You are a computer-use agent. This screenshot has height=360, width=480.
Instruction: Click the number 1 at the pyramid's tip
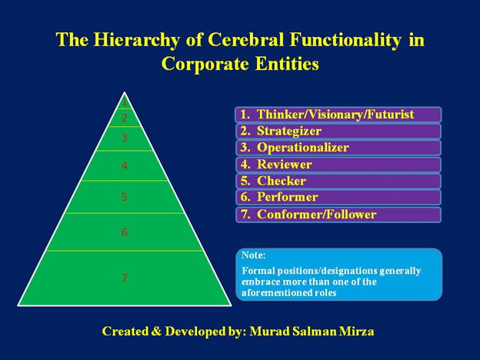click(125, 102)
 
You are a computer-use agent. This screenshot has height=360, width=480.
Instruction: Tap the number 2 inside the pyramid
click(125, 118)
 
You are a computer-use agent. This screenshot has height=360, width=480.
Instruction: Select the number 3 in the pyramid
click(125, 138)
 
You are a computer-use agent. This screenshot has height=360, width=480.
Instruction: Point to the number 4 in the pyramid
click(125, 166)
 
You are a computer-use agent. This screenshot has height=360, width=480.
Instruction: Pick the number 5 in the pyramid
click(125, 196)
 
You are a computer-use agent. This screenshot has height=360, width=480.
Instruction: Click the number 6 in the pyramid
click(125, 232)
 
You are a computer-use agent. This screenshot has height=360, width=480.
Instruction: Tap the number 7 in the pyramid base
click(125, 278)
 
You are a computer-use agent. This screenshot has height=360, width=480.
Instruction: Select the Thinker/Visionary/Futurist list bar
click(338, 115)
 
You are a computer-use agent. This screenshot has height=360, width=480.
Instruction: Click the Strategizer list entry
click(338, 131)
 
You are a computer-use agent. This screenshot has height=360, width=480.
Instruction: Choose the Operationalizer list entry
click(338, 148)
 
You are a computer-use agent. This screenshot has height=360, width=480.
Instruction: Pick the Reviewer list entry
click(338, 165)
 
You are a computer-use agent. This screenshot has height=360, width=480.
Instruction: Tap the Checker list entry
click(338, 181)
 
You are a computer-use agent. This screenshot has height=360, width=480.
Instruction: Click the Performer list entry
click(338, 197)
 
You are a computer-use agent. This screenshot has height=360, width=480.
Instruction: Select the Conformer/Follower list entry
click(338, 215)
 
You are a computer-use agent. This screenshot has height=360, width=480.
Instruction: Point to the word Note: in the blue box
click(254, 255)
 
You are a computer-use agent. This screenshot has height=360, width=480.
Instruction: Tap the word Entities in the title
click(287, 64)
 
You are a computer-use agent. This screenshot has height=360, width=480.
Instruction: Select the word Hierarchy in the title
click(136, 41)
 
